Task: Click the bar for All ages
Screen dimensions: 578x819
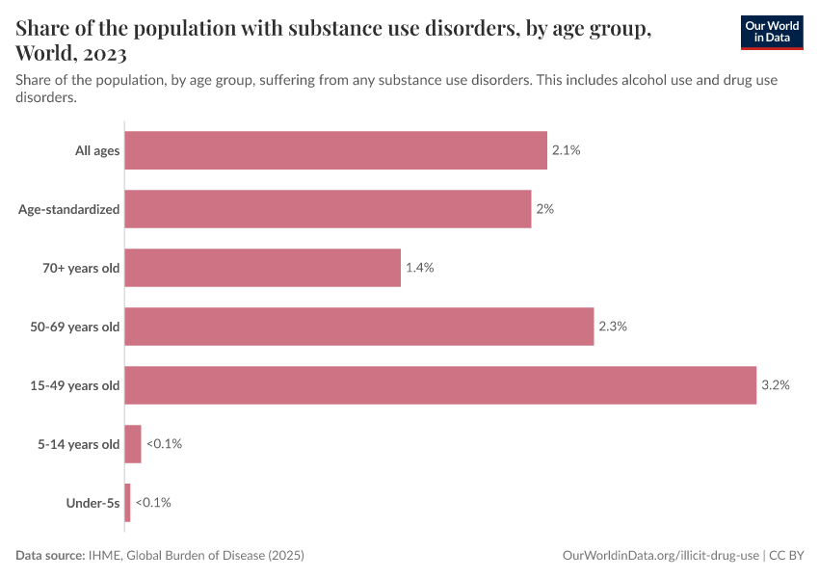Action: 335,150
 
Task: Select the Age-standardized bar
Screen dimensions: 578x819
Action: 328,209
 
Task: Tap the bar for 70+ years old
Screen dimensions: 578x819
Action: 262,268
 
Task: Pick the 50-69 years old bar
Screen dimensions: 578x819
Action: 358,327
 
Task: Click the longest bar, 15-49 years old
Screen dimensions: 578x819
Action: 440,385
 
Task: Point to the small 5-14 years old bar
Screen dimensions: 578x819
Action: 133,444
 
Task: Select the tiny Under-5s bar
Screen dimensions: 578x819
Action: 127,503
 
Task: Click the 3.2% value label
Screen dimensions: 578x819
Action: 775,385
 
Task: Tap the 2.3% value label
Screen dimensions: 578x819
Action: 613,327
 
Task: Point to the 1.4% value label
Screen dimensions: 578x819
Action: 419,268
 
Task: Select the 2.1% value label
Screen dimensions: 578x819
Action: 566,150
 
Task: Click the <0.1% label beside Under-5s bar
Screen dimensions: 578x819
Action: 154,503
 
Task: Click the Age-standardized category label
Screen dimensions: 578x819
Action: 69,209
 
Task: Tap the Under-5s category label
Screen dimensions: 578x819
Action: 92,503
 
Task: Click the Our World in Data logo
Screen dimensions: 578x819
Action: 771,33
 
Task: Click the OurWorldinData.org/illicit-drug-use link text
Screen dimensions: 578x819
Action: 660,556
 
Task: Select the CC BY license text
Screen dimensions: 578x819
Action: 787,556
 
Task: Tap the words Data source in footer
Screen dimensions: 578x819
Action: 50,556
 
